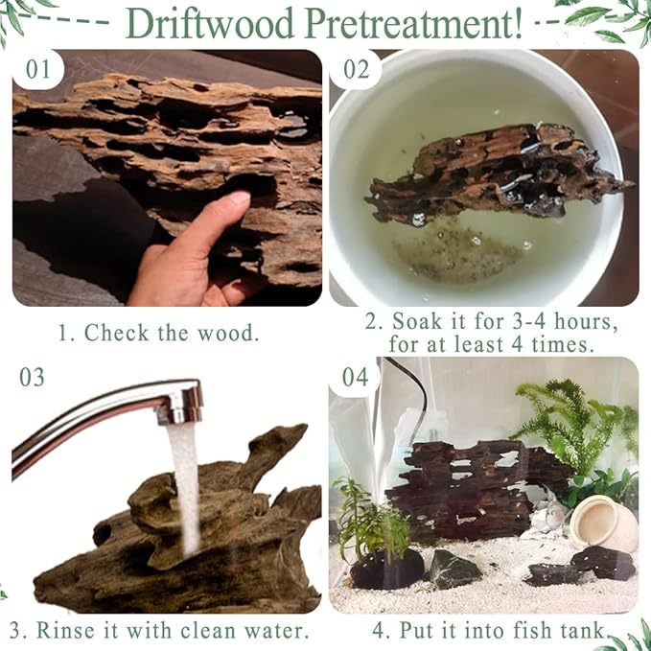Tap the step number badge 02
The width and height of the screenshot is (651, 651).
356,70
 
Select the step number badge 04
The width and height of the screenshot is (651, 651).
355,377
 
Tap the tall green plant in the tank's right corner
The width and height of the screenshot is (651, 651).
566,422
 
